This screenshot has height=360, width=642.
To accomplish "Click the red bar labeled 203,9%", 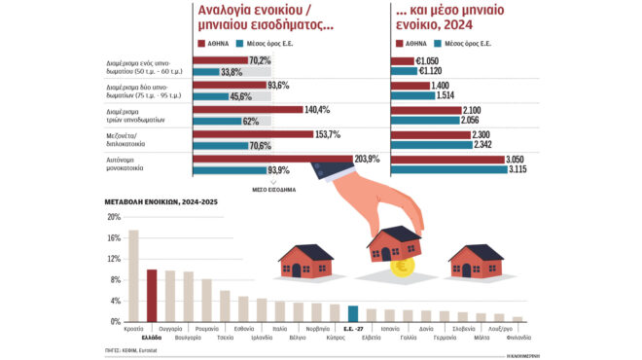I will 272,159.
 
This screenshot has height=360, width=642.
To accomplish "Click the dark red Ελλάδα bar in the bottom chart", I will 152,295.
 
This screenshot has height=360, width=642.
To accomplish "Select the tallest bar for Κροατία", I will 134,275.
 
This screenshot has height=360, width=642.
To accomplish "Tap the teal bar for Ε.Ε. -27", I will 353,313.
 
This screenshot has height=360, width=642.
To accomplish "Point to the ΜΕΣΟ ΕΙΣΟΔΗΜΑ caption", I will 274,191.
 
